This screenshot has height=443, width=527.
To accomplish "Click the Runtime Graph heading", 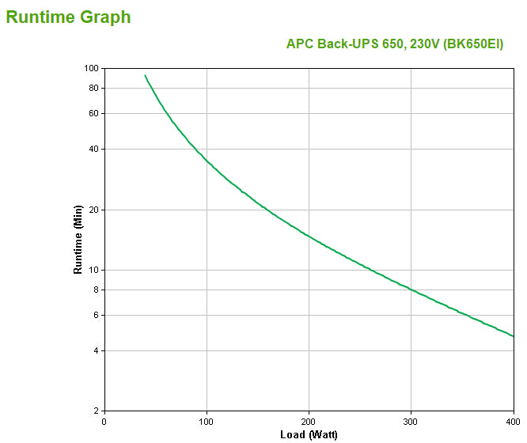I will tap(69, 17).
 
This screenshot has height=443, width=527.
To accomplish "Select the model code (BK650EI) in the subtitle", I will tap(473, 44).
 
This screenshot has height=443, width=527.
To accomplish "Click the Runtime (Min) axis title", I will tap(78, 239).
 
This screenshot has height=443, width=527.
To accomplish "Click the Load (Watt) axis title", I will tap(309, 434).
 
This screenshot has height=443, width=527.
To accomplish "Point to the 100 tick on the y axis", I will tap(90, 69).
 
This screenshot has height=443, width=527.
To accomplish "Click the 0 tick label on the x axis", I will tap(104, 421).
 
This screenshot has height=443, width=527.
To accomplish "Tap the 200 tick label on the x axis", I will tap(309, 421).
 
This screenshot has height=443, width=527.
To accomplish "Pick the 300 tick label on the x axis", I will tap(411, 421).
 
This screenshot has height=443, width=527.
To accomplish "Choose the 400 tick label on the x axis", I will tap(512, 421).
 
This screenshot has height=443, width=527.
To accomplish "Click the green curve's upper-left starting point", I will tap(145, 76).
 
